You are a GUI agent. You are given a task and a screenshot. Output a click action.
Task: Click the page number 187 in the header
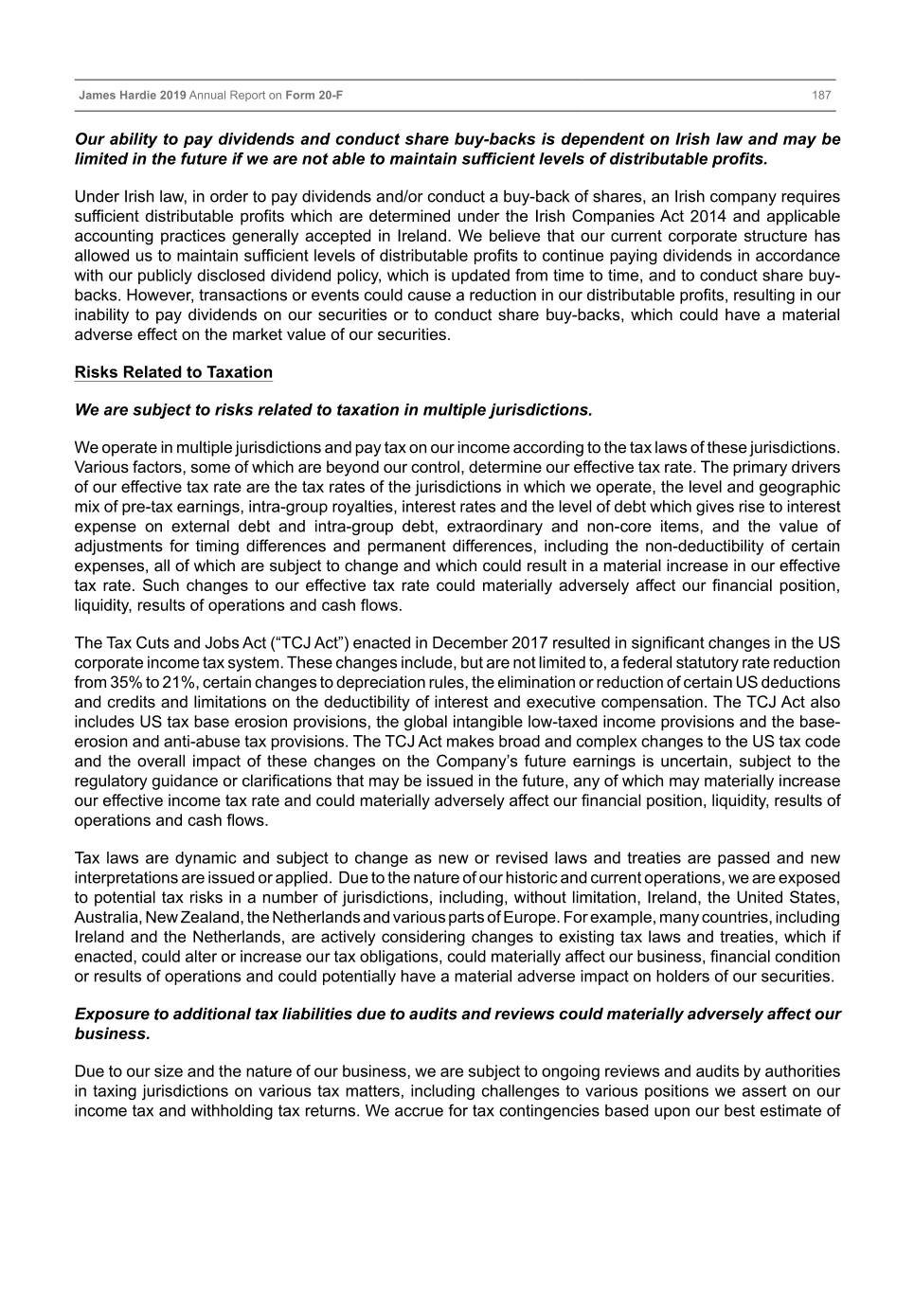[x=820, y=96]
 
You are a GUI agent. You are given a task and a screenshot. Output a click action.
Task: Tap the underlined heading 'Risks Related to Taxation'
[x=173, y=372]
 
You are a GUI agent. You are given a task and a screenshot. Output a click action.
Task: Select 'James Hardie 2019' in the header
[x=132, y=96]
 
